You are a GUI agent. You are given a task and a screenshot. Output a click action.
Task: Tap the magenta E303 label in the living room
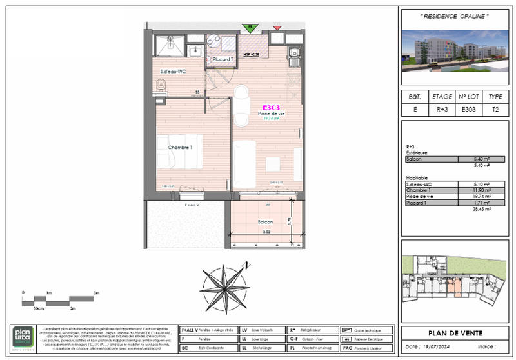tap(271, 108)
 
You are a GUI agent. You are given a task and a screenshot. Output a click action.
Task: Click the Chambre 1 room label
tap(181, 148)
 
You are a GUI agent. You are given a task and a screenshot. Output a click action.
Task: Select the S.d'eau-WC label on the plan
tap(173, 71)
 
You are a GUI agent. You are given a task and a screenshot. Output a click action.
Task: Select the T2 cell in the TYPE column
tap(495, 110)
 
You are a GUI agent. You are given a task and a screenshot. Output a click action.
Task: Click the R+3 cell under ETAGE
tap(442, 110)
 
